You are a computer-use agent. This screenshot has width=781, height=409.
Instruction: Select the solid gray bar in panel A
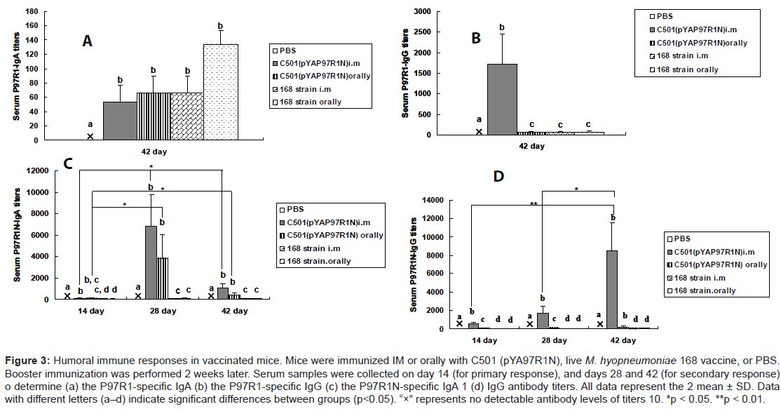pyautogui.click(x=120, y=121)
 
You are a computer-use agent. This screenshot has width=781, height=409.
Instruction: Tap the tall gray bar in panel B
pyautogui.click(x=502, y=99)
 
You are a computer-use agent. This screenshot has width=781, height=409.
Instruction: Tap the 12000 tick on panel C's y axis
pyautogui.click(x=52, y=170)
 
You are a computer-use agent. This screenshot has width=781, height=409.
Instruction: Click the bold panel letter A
pyautogui.click(x=88, y=41)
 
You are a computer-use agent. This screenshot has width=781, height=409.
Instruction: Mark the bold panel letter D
pyautogui.click(x=499, y=175)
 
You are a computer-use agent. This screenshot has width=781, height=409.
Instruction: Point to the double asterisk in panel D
pyautogui.click(x=534, y=203)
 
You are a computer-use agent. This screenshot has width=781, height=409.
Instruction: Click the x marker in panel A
pyautogui.click(x=90, y=136)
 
